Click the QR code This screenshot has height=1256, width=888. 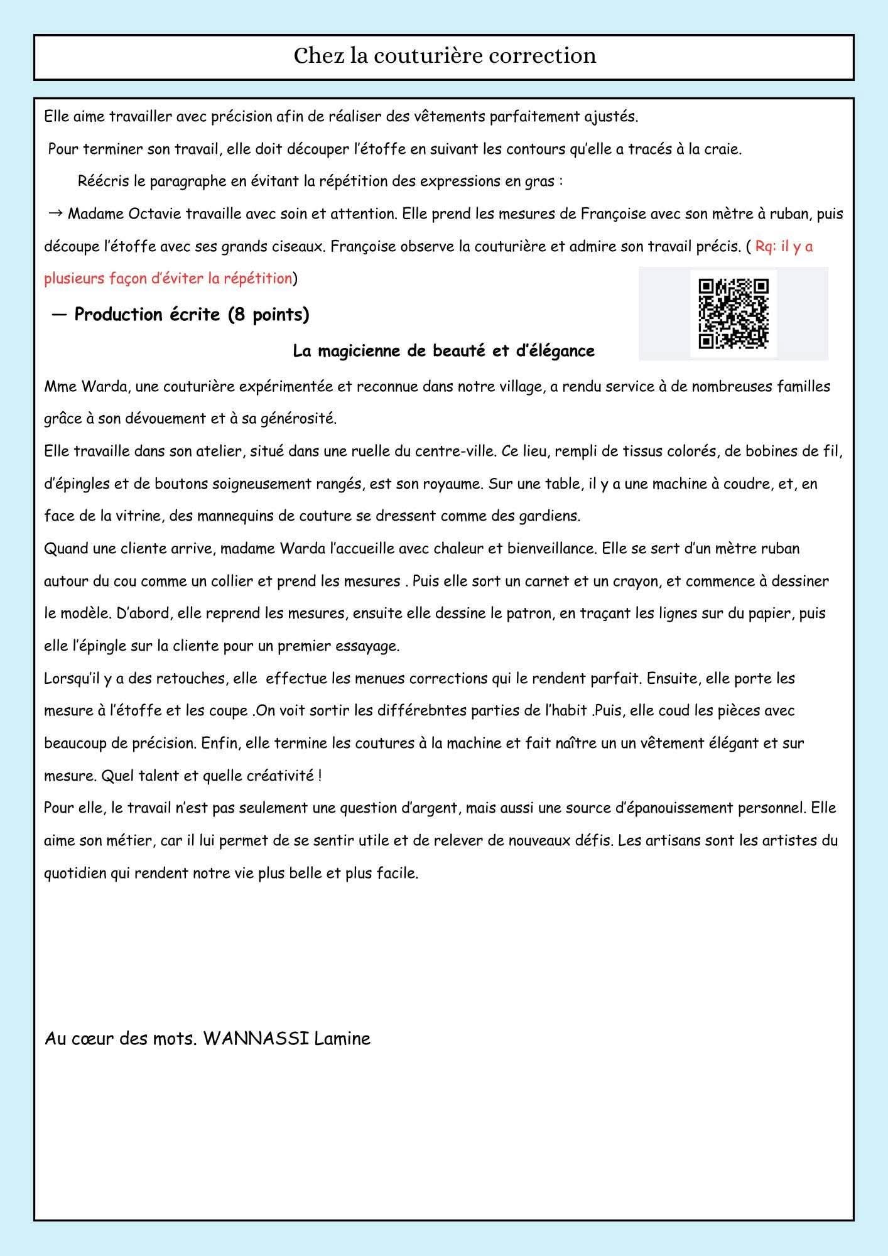(734, 313)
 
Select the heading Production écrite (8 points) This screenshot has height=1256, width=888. (192, 315)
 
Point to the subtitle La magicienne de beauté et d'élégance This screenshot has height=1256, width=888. (443, 351)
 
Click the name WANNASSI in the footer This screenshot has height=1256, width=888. (256, 1039)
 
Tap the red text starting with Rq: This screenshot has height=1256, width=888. (784, 246)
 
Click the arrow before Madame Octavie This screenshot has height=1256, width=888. (54, 214)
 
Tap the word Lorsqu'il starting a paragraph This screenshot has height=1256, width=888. (72, 678)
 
